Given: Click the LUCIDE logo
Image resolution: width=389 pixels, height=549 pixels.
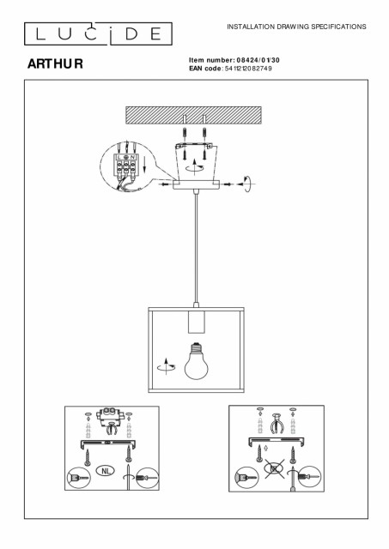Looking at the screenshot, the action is click(x=98, y=34).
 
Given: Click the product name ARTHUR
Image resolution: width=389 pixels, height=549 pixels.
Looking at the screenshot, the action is click(x=55, y=63).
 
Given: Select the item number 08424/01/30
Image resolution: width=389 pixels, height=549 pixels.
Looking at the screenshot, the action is click(x=258, y=60).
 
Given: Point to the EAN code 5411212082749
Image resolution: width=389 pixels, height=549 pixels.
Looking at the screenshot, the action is click(x=250, y=69).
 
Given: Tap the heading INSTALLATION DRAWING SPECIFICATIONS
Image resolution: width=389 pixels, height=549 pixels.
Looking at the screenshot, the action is click(x=296, y=27).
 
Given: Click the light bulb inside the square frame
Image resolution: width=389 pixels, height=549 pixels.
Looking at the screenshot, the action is click(x=197, y=361).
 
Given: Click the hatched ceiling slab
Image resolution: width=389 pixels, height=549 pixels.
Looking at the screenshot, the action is click(x=193, y=115).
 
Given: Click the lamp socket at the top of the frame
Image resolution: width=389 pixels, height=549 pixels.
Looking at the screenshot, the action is click(x=196, y=321).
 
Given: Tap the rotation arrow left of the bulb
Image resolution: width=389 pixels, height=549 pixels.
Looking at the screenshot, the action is click(x=166, y=366).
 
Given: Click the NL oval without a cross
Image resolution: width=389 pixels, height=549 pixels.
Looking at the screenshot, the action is click(x=106, y=471).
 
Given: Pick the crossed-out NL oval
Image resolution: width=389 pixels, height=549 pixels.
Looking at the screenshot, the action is click(x=275, y=468).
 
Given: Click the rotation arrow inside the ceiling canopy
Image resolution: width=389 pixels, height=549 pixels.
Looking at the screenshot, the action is click(x=195, y=166).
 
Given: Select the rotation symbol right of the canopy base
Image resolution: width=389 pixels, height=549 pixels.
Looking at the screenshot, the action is click(x=246, y=184).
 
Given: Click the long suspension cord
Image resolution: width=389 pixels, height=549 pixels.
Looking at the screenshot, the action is click(x=197, y=248).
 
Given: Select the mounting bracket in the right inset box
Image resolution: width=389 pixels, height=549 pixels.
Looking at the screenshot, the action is click(x=277, y=442).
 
